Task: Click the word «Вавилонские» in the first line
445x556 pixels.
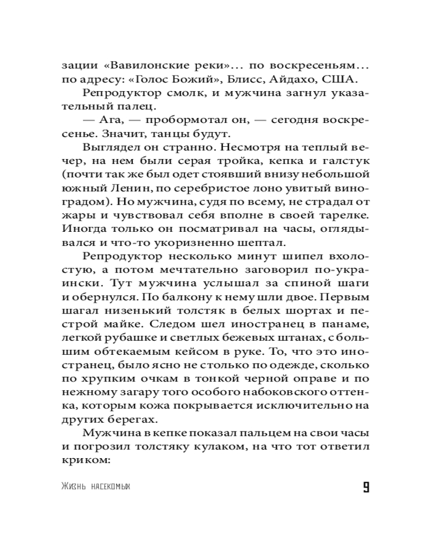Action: click(x=140, y=63)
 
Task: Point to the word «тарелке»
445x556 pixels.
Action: click(x=345, y=222)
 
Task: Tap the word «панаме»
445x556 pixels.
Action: click(x=347, y=323)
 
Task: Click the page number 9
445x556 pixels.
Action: click(x=365, y=488)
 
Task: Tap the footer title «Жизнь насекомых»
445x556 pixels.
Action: click(x=97, y=488)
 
